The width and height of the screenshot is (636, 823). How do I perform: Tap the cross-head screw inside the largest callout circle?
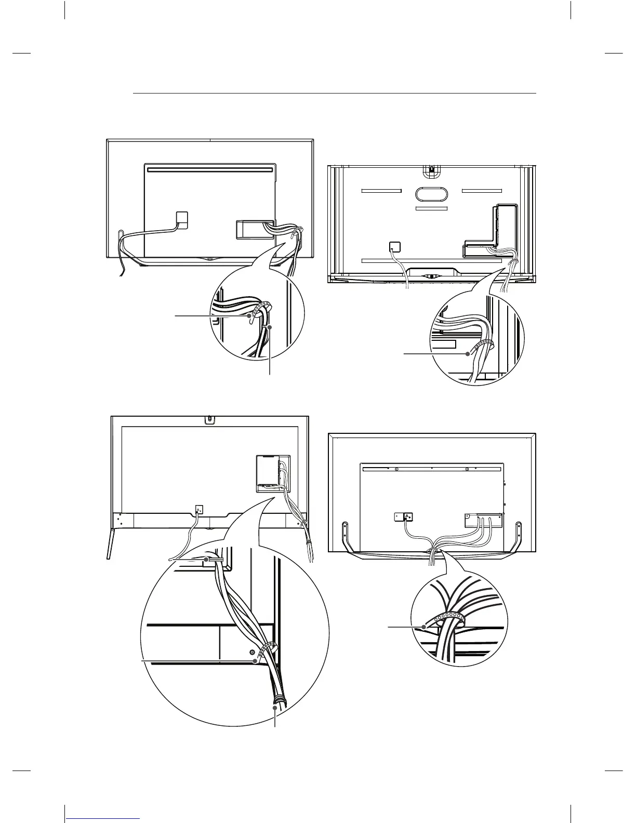tap(252, 652)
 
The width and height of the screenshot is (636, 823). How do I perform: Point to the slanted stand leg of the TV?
tap(111, 542)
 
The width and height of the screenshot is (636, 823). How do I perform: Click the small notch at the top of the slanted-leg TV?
tap(209, 418)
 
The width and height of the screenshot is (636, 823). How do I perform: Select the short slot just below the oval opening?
tap(431, 208)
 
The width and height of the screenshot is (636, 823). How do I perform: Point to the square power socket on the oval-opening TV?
tap(394, 246)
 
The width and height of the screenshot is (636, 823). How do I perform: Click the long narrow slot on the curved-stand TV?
tap(209, 169)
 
